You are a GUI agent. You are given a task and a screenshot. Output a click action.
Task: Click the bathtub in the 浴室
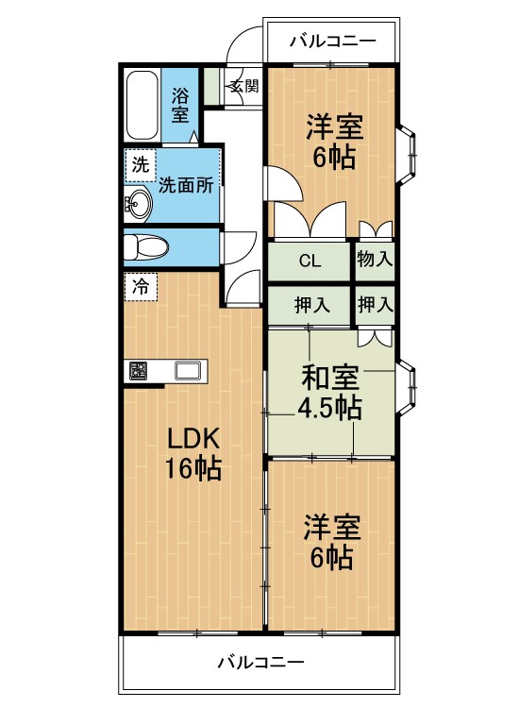pyautogui.click(x=142, y=105)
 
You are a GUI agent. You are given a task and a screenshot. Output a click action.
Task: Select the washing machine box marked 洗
pyautogui.click(x=141, y=165)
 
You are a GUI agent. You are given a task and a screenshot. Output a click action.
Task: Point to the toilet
pyautogui.click(x=145, y=247)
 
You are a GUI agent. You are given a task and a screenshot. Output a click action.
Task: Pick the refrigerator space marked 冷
pyautogui.click(x=141, y=286)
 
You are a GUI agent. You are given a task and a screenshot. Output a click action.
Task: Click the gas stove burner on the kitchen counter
pyautogui.click(x=138, y=371)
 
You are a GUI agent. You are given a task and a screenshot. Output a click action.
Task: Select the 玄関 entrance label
pyautogui.click(x=244, y=86)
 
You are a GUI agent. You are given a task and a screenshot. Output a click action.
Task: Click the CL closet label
pyautogui.click(x=310, y=261)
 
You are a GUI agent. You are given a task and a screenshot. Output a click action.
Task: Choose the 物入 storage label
pyautogui.click(x=375, y=260)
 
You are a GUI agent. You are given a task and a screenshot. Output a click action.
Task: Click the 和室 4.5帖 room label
pyautogui.click(x=329, y=393)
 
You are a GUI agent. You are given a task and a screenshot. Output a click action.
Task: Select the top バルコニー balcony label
pyautogui.click(x=332, y=42)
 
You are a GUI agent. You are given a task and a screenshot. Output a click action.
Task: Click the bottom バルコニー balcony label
pyautogui.click(x=260, y=663)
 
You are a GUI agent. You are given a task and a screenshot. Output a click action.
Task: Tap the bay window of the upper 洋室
pyautogui.click(x=407, y=155)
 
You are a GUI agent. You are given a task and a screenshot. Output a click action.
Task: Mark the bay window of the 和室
pyautogui.click(x=407, y=387)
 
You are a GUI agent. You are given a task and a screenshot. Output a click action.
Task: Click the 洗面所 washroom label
pyautogui.click(x=186, y=185)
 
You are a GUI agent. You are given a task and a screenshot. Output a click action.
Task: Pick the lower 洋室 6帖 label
pyautogui.click(x=332, y=542)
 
